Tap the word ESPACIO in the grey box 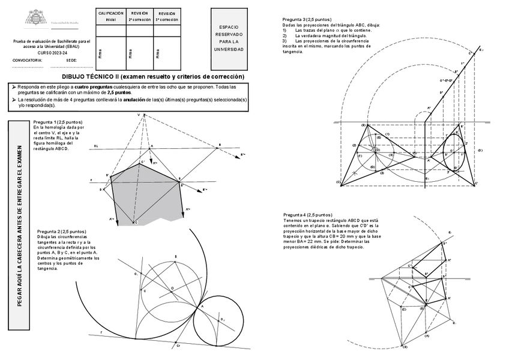(229, 28)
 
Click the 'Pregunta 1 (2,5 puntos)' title (58, 122)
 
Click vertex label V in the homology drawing (138, 114)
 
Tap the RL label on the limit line (95, 146)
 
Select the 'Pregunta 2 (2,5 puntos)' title (61, 231)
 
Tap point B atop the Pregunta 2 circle (175, 257)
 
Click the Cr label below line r (178, 346)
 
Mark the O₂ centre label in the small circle (223, 319)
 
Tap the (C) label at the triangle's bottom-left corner (339, 182)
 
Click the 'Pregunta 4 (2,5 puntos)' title (307, 214)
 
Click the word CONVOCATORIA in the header (27, 61)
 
